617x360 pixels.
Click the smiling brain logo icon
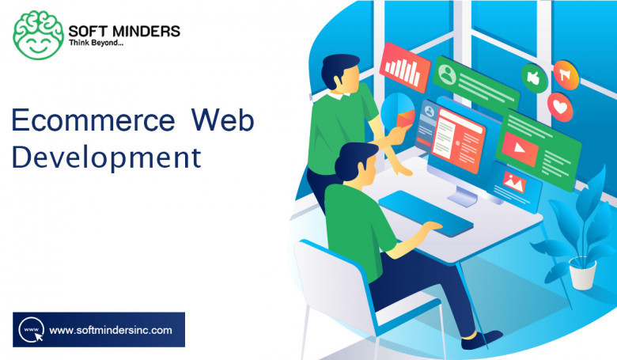[38, 35]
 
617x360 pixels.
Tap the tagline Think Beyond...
[96, 43]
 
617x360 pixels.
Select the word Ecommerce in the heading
[93, 120]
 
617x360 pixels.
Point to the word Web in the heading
[223, 120]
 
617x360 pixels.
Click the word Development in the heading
[107, 157]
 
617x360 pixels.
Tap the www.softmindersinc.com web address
[111, 330]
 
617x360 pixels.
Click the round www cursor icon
[31, 330]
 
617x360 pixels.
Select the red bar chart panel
[404, 68]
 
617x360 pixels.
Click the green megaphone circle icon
[534, 78]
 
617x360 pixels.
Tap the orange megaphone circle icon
[566, 74]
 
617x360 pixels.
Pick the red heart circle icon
[560, 107]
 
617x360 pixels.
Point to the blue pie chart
[398, 112]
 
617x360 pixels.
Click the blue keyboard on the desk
[426, 213]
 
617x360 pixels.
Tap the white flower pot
[583, 272]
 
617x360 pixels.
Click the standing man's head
[341, 73]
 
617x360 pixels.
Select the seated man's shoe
[482, 339]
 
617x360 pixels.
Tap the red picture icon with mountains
[514, 181]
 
